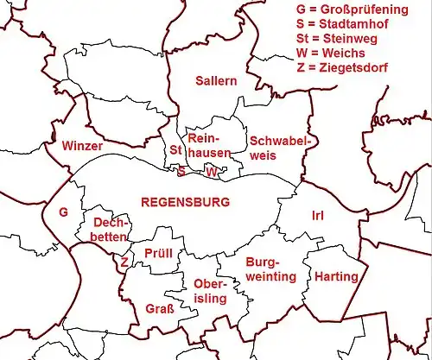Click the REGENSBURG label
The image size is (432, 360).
185,202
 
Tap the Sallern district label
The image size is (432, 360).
216,81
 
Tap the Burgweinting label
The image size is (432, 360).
270,268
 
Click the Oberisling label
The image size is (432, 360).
210,291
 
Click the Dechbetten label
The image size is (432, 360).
110,229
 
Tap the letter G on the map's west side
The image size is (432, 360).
62,212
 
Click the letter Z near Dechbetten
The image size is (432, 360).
125,261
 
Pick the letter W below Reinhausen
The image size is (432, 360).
211,172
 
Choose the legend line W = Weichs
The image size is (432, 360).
332,54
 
